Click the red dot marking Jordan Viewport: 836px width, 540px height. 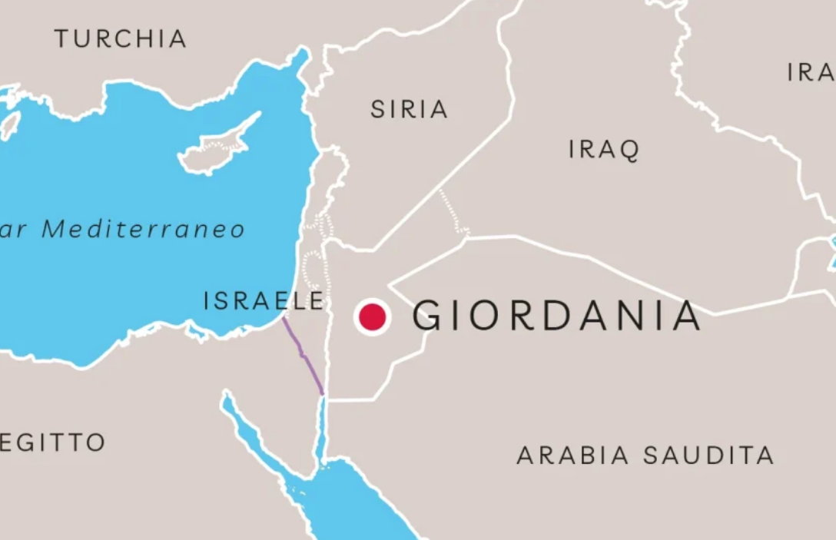pyautogui.click(x=372, y=316)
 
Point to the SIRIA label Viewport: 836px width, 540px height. pyautogui.click(x=409, y=110)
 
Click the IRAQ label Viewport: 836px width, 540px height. pyautogui.click(x=604, y=150)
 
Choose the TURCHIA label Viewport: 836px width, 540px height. pyautogui.click(x=121, y=38)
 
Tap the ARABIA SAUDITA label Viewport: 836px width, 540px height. pyautogui.click(x=645, y=456)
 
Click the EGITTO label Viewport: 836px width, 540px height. pyautogui.click(x=52, y=442)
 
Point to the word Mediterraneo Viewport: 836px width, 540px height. pyautogui.click(x=143, y=229)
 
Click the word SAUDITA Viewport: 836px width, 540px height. pyautogui.click(x=708, y=456)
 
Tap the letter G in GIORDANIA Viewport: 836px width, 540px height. pyautogui.click(x=428, y=316)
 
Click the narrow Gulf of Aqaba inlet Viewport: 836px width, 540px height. pyautogui.click(x=322, y=430)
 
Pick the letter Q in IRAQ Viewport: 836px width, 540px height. pyautogui.click(x=629, y=151)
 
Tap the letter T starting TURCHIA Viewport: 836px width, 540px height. pyautogui.click(x=61, y=38)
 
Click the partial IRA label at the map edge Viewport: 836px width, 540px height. pyautogui.click(x=811, y=72)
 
